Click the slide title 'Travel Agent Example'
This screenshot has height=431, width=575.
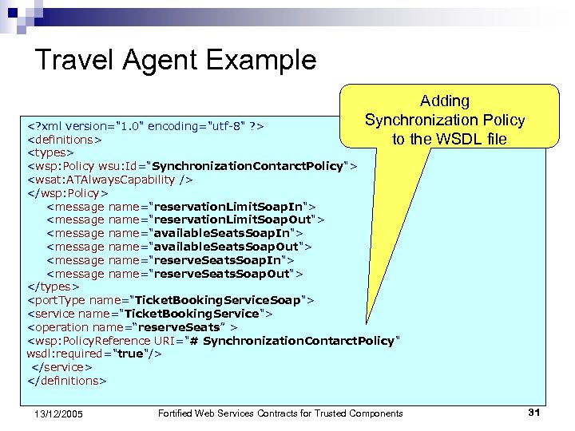pyautogui.click(x=176, y=60)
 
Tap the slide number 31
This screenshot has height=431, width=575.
pyautogui.click(x=534, y=412)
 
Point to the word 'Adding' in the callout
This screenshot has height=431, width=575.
pyautogui.click(x=445, y=101)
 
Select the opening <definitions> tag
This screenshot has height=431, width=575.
pyautogui.click(x=65, y=139)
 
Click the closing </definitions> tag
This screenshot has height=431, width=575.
pyautogui.click(x=66, y=381)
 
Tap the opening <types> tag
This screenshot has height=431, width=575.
pyautogui.click(x=50, y=152)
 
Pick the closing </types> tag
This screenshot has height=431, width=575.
pyautogui.click(x=54, y=287)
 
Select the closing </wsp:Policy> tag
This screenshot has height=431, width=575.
pyautogui.click(x=68, y=192)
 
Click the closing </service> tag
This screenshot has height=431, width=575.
pyautogui.click(x=61, y=367)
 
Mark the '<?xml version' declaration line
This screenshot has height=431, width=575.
pyautogui.click(x=146, y=125)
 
